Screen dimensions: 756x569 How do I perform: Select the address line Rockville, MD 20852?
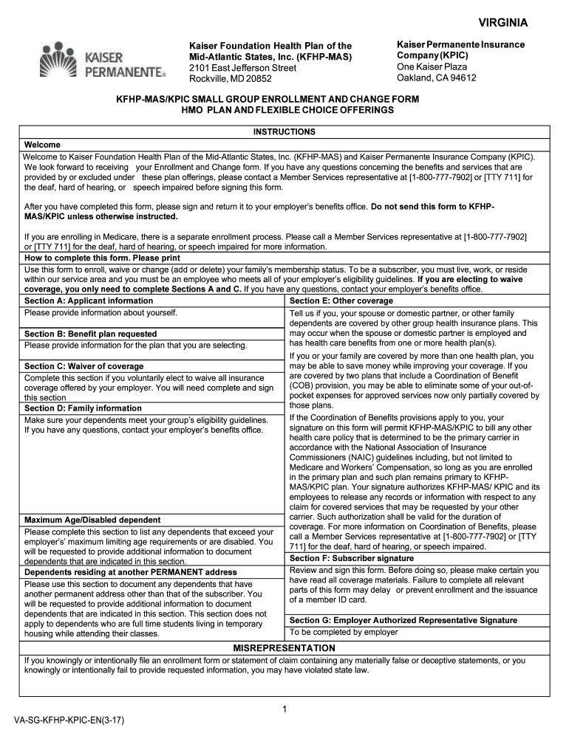[x=231, y=79]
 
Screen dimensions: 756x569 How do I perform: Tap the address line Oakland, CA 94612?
[x=436, y=78]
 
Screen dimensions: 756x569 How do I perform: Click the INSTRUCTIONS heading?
[x=284, y=131]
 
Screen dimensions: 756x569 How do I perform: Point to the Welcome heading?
[x=42, y=145]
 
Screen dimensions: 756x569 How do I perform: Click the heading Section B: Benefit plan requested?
[x=90, y=334]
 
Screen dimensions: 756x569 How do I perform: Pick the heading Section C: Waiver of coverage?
[x=84, y=366]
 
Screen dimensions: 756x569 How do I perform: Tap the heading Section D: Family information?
[x=83, y=408]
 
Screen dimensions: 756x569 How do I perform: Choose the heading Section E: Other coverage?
[x=341, y=301]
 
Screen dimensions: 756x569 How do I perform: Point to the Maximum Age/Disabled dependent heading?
[x=92, y=520]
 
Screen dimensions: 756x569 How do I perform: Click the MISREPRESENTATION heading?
[x=284, y=647]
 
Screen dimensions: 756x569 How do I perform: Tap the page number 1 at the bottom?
[x=284, y=709]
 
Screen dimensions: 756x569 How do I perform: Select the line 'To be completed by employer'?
[x=344, y=632]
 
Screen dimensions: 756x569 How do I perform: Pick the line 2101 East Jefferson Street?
[x=242, y=68]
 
